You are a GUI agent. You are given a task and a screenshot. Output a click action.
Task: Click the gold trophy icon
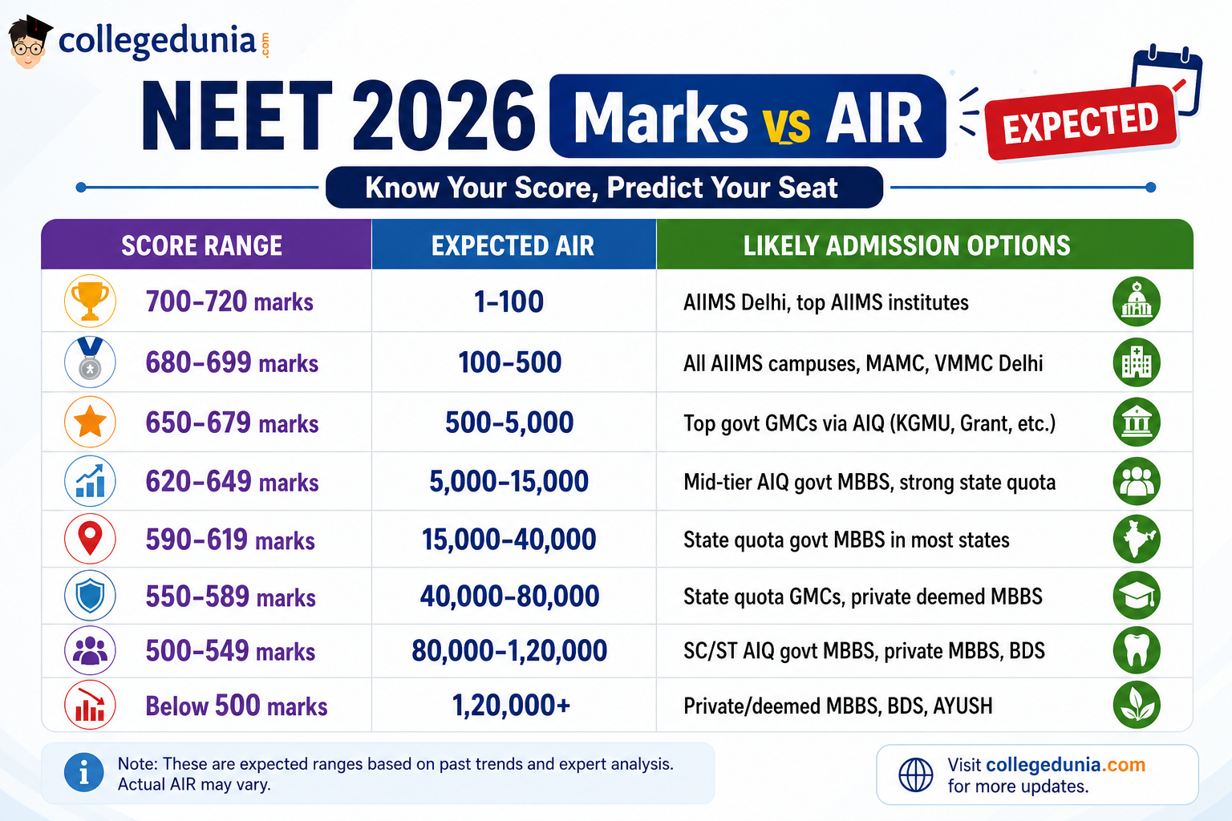pos(90,301)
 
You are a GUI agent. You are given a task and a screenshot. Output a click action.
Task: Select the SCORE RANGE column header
pos(201,245)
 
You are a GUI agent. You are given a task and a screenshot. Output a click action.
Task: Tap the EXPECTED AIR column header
pos(513,245)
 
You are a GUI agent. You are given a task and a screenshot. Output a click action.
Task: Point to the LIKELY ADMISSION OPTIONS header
pos(907,245)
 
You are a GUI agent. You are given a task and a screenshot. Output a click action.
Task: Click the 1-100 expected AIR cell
pos(509,301)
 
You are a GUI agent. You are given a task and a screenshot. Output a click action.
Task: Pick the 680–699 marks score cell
pos(232,362)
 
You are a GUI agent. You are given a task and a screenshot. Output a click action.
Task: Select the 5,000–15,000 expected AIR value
pos(509,481)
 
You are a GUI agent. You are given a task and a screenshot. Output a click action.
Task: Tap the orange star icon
pos(90,422)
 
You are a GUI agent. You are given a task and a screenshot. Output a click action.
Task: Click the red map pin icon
pos(90,538)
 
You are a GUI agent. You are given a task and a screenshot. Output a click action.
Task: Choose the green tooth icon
pos(1137,650)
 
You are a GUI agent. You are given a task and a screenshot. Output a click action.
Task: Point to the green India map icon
pos(1137,539)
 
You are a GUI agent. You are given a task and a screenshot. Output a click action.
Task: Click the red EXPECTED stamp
pos(1080,122)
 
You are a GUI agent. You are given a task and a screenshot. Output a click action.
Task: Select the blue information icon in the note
pos(83,773)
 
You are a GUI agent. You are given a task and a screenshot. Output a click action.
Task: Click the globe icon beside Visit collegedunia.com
pos(916,774)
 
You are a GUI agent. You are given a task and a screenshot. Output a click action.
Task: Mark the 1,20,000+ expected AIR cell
pos(511,705)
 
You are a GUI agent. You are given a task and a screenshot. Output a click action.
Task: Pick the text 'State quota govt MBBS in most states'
pos(846,540)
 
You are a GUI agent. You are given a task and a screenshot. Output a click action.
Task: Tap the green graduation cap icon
pos(1137,596)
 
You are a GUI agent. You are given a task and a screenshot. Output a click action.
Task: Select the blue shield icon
pos(90,596)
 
